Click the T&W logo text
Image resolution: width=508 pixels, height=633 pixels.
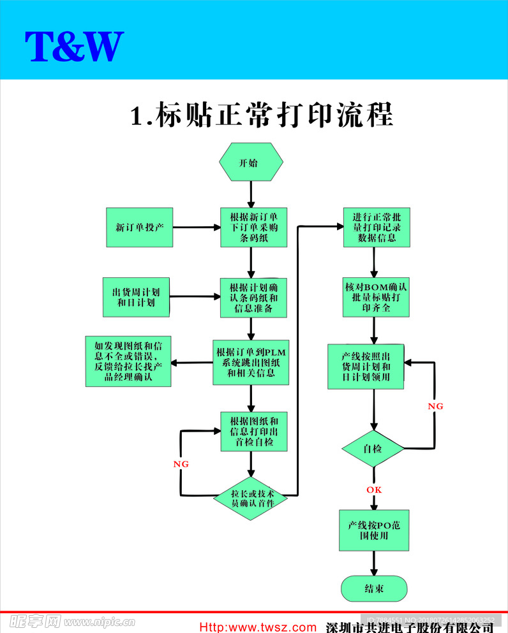point(74,46)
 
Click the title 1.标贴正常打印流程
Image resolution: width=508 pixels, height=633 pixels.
point(262,115)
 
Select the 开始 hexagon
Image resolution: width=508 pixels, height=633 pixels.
point(251,163)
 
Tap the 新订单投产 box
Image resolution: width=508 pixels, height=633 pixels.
point(139,227)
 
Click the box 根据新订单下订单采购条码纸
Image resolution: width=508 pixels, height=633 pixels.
point(253,227)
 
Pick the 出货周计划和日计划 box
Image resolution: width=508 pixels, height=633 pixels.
point(136,297)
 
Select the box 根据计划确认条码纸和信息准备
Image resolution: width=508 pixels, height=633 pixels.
point(253,297)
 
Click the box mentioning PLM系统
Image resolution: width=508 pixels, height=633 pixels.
point(251,362)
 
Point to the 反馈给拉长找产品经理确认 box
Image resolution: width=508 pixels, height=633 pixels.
point(128,361)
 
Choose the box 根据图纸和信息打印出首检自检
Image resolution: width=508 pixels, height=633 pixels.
point(253,432)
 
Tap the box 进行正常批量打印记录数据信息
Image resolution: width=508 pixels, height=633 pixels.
point(376,227)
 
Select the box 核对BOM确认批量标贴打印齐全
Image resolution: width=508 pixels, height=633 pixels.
point(376,297)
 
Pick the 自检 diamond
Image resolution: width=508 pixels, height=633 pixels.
point(373,449)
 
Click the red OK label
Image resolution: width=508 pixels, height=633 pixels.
point(374,490)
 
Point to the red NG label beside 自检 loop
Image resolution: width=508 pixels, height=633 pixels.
point(435,406)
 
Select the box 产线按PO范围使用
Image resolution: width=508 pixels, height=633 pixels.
point(373,530)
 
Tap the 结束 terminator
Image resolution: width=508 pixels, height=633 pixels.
point(374,588)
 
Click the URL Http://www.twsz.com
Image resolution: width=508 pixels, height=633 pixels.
point(258,627)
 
